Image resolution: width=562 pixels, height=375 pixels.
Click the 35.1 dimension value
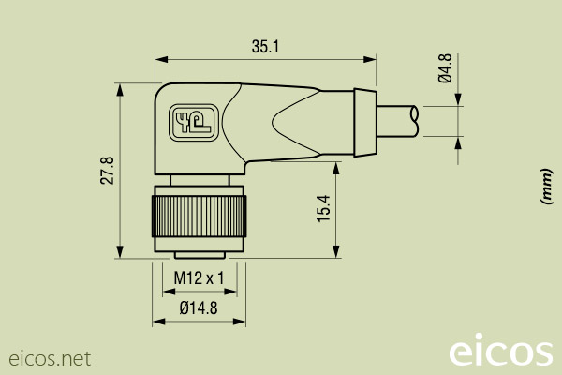tap(266, 46)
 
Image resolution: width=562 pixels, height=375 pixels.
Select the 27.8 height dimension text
tap(108, 171)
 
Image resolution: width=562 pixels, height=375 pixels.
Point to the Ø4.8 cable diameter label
tap(446, 68)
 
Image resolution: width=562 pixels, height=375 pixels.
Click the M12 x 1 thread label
tap(199, 277)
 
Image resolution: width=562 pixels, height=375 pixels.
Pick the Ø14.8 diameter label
tap(198, 307)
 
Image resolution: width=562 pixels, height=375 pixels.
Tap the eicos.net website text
tap(50, 358)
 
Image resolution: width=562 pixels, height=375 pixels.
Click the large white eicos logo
tap(500, 352)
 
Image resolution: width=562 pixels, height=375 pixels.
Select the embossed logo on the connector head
tap(191, 122)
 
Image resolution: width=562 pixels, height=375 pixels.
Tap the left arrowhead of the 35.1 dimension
tap(160, 59)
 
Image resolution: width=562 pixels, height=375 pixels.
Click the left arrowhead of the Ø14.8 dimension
tap(158, 322)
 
